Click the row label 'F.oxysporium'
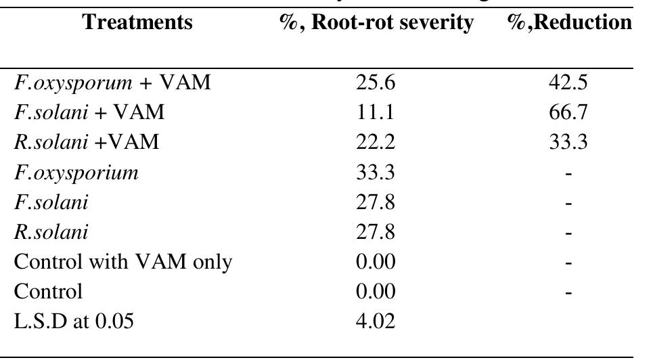pos(76,173)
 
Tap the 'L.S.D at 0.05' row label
pos(74,321)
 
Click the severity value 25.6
pos(375,83)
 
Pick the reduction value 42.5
pos(568,83)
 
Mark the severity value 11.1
pos(375,113)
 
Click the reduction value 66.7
pos(568,113)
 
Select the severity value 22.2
pos(375,143)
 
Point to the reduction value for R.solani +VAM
pos(568,143)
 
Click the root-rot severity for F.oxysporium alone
pos(375,173)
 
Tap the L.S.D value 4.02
pos(375,321)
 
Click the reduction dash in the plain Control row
pos(568,292)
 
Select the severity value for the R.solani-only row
pos(375,232)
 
